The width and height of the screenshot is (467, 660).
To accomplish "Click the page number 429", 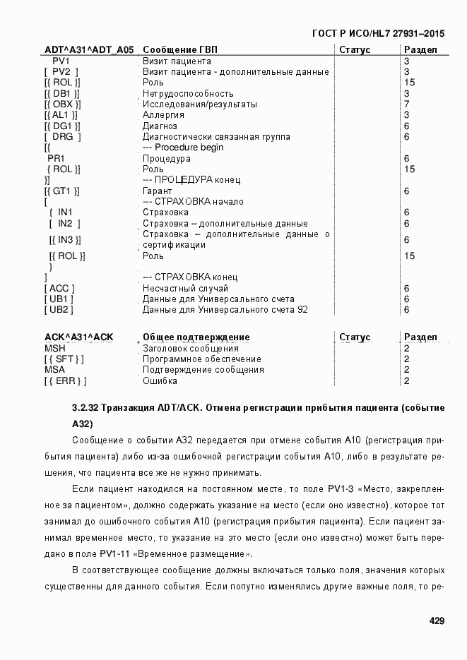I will tap(436, 621).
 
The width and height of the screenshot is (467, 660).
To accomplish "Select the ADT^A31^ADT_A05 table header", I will tap(88, 50).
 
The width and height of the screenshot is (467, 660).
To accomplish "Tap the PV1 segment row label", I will tap(61, 61).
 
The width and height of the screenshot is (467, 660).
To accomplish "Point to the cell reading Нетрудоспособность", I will tap(188, 93).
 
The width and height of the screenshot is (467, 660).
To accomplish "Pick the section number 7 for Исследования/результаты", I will tap(407, 104).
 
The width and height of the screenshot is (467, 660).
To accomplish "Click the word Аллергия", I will tap(163, 115).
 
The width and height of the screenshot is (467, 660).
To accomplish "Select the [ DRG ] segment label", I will tap(62, 137).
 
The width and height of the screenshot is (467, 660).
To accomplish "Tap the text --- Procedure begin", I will tap(183, 148).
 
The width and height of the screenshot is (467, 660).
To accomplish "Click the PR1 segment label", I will tap(56, 159).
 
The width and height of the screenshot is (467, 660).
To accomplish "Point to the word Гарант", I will tap(158, 191).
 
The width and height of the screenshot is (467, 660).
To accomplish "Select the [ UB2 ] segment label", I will tap(59, 310).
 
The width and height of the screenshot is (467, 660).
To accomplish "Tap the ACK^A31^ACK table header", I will tap(79, 337).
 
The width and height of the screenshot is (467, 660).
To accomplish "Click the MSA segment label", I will tap(55, 370).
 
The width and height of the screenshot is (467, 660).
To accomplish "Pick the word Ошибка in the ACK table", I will tap(160, 381).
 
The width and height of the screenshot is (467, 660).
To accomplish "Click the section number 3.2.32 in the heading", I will tap(85, 408).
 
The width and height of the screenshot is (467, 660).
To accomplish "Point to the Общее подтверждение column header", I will tap(196, 337).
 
